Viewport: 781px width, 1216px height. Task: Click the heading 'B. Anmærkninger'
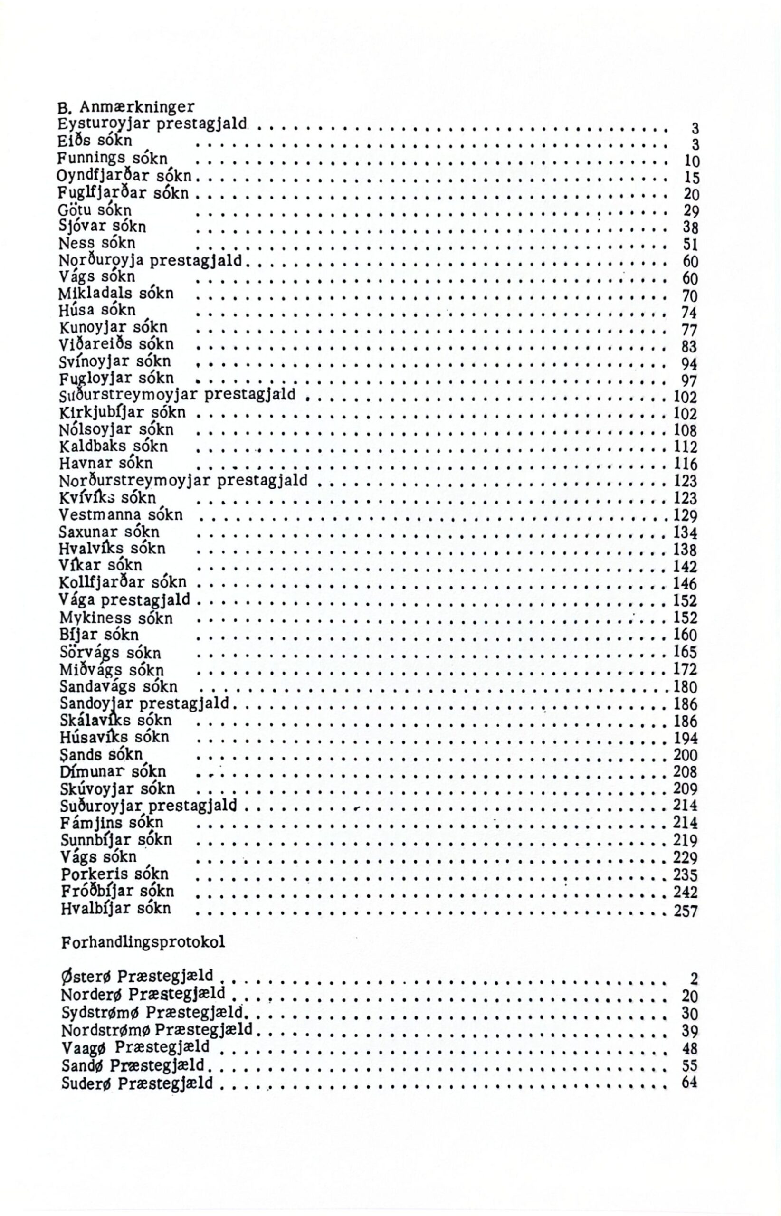126,107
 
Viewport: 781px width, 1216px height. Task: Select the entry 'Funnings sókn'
112,158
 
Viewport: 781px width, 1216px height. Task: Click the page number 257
685,912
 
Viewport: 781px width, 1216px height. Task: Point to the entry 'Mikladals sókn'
116,294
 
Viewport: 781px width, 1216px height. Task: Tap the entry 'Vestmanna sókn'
121,515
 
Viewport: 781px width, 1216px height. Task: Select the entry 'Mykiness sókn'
116,618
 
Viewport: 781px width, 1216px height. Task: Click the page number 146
685,584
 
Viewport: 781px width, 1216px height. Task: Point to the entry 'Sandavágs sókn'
119,687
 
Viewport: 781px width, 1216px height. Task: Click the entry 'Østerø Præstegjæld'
136,976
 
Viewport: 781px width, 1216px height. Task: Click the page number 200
685,755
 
